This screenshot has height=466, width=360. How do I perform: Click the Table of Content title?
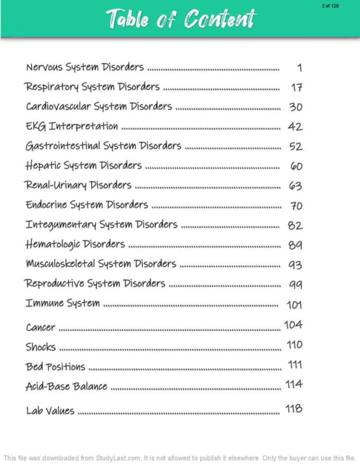pyautogui.click(x=180, y=19)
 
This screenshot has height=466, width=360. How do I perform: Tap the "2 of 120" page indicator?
pyautogui.click(x=330, y=6)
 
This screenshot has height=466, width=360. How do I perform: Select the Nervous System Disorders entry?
pyautogui.click(x=85, y=67)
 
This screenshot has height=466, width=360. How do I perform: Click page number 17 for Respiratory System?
pyautogui.click(x=296, y=87)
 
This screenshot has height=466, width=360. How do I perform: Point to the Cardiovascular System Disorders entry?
pyautogui.click(x=99, y=106)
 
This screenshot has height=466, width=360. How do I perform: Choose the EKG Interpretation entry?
pyautogui.click(x=71, y=126)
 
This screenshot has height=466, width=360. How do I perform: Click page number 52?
pyautogui.click(x=295, y=146)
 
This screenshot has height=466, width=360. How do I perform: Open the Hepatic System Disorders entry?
pyautogui.click(x=84, y=166)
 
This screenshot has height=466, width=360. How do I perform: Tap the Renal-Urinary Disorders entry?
pyautogui.click(x=78, y=185)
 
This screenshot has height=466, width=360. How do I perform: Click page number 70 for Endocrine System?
pyautogui.click(x=296, y=205)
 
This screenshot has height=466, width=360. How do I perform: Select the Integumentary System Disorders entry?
pyautogui.click(x=102, y=225)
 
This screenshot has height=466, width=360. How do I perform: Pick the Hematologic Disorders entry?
pyautogui.click(x=75, y=244)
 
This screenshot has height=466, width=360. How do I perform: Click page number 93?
pyautogui.click(x=295, y=264)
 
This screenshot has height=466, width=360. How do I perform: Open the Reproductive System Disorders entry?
pyautogui.click(x=95, y=283)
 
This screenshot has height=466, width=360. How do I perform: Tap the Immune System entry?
pyautogui.click(x=62, y=303)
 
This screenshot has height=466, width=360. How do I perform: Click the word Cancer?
pyautogui.click(x=40, y=327)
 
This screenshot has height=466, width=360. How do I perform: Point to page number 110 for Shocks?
pyautogui.click(x=294, y=345)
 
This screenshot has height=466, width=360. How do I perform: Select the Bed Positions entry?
pyautogui.click(x=55, y=366)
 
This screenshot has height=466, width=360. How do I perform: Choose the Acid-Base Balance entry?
pyautogui.click(x=67, y=386)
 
